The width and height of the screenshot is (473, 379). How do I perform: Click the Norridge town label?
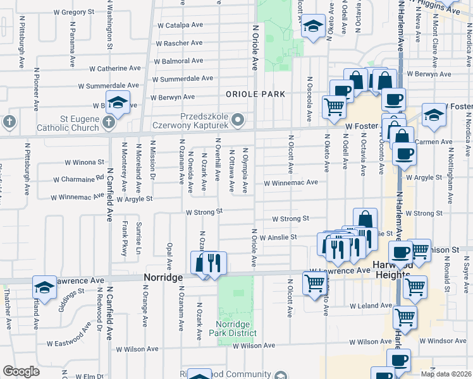tap(162, 278)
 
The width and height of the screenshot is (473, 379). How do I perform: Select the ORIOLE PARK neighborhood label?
tap(255, 93)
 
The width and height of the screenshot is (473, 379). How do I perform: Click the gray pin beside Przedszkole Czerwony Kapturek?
tap(237, 118)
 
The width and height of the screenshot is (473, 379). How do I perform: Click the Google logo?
tap(21, 371)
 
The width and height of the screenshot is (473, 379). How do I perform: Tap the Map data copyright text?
tap(446, 374)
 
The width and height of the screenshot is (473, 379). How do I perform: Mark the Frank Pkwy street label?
tap(125, 238)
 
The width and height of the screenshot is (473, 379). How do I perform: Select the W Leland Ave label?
tap(372, 306)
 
